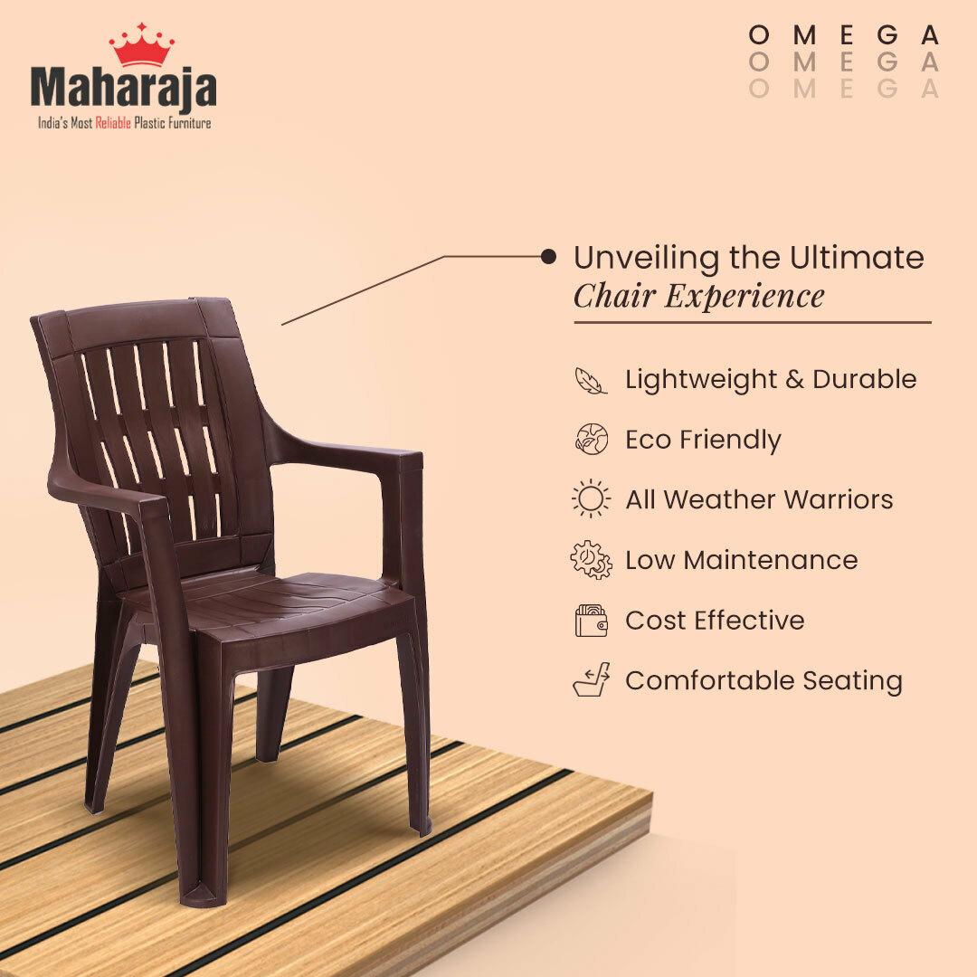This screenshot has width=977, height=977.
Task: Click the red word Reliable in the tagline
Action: (x=113, y=123)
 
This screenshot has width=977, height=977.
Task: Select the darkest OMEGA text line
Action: (x=844, y=35)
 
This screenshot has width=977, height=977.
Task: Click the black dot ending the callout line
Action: (x=548, y=256)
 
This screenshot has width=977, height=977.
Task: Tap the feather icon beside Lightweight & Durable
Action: (x=591, y=381)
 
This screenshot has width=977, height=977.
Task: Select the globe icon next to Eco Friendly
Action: (x=591, y=439)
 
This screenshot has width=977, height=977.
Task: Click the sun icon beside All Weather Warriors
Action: (x=591, y=498)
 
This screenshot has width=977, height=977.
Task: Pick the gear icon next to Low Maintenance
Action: (x=591, y=560)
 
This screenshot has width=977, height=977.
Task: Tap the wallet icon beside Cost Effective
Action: (x=591, y=620)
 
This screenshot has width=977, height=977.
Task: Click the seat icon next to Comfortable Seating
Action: (x=591, y=679)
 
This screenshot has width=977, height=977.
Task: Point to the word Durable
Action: (x=864, y=379)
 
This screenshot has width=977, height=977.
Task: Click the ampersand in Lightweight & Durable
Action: (x=794, y=379)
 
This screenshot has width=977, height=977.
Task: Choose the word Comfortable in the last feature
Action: (x=710, y=680)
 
